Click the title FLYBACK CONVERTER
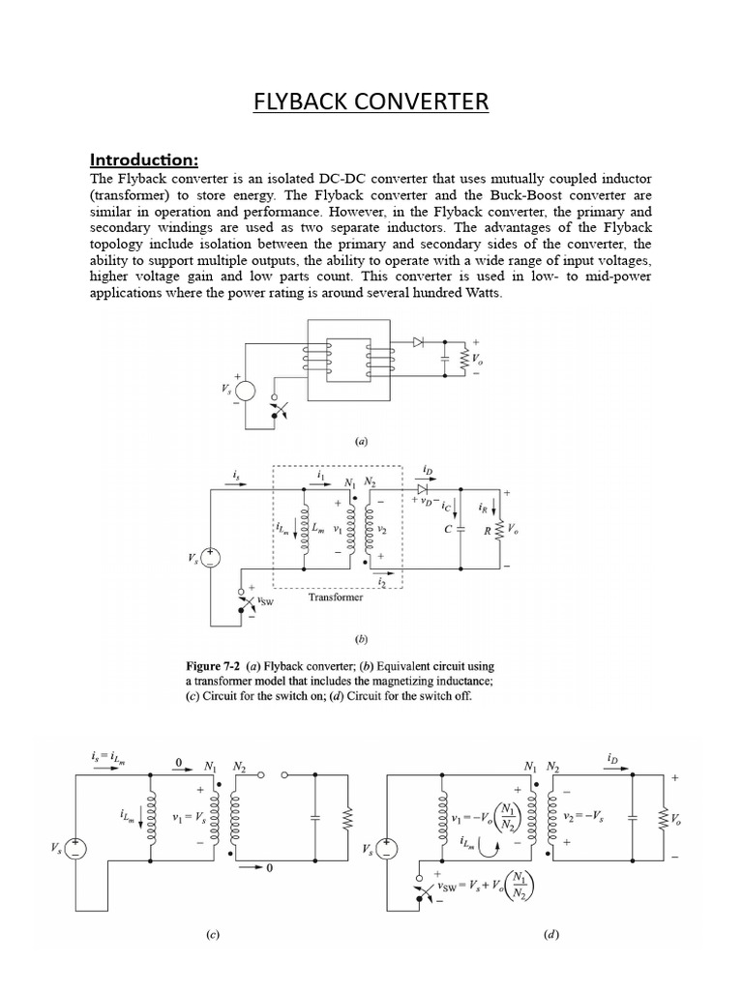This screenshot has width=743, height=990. (x=371, y=102)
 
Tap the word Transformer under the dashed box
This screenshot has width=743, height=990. (x=336, y=597)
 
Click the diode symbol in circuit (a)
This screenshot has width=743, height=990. (x=418, y=341)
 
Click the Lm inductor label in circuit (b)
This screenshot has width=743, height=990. (x=318, y=527)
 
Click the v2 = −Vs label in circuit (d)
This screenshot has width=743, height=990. (x=597, y=816)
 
